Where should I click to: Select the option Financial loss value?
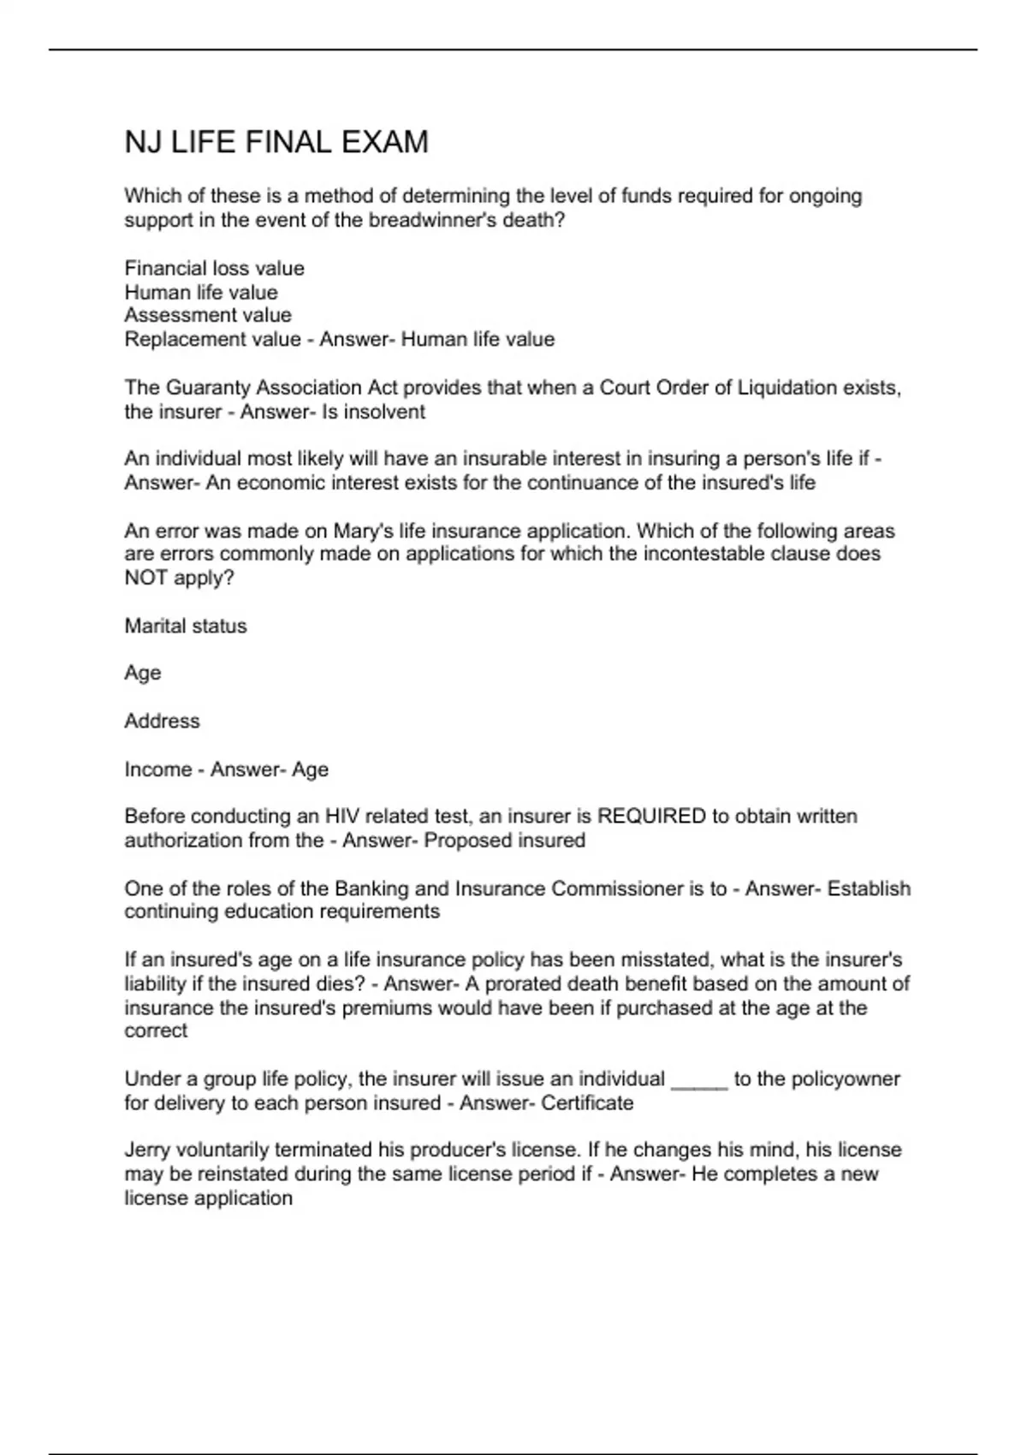[x=214, y=268]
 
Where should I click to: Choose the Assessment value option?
[x=208, y=315]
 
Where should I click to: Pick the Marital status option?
[x=186, y=626]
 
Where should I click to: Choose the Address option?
[x=162, y=721]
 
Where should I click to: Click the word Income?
[x=157, y=769]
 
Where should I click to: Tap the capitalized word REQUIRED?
[x=650, y=817]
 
